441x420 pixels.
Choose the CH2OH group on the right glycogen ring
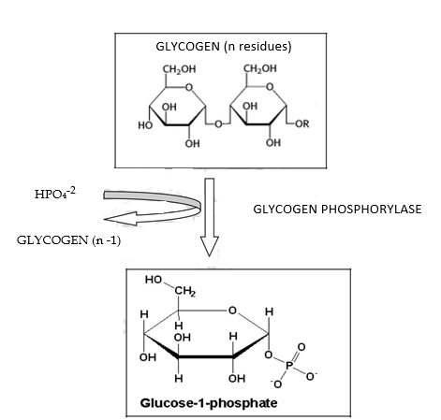click(x=258, y=69)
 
